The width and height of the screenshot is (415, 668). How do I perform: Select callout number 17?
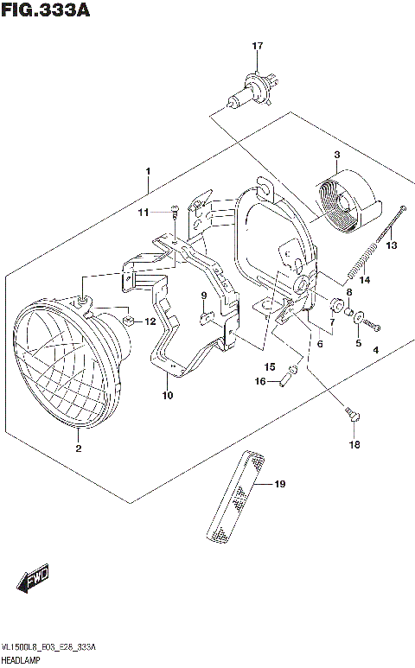(256, 46)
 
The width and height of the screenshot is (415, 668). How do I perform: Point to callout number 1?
(148, 171)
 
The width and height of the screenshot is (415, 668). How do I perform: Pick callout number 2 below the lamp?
(78, 448)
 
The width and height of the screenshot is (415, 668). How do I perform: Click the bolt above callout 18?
(353, 416)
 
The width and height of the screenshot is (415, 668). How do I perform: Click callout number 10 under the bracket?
(166, 396)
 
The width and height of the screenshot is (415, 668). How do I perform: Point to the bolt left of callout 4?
(373, 324)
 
